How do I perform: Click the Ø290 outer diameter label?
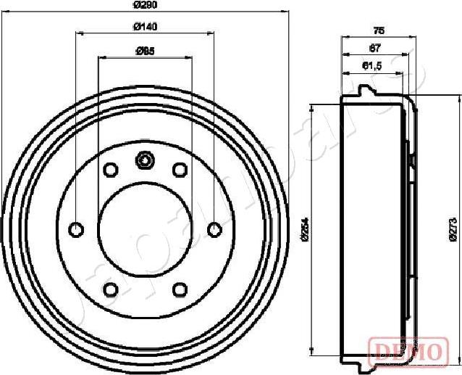coord(146,5)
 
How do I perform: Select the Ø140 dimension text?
coord(146,28)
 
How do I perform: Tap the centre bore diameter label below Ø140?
coord(146,51)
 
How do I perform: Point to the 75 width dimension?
coord(378,30)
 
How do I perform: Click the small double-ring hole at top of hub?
coord(145,160)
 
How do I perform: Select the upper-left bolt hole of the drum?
coord(111,170)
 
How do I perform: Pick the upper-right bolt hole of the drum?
coord(179,170)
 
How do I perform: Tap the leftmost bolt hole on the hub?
coord(76,230)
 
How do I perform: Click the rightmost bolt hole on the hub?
coord(214,230)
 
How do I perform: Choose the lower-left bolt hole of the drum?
coord(111,290)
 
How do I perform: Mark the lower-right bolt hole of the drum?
coord(179,290)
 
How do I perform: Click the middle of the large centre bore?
coord(145,230)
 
